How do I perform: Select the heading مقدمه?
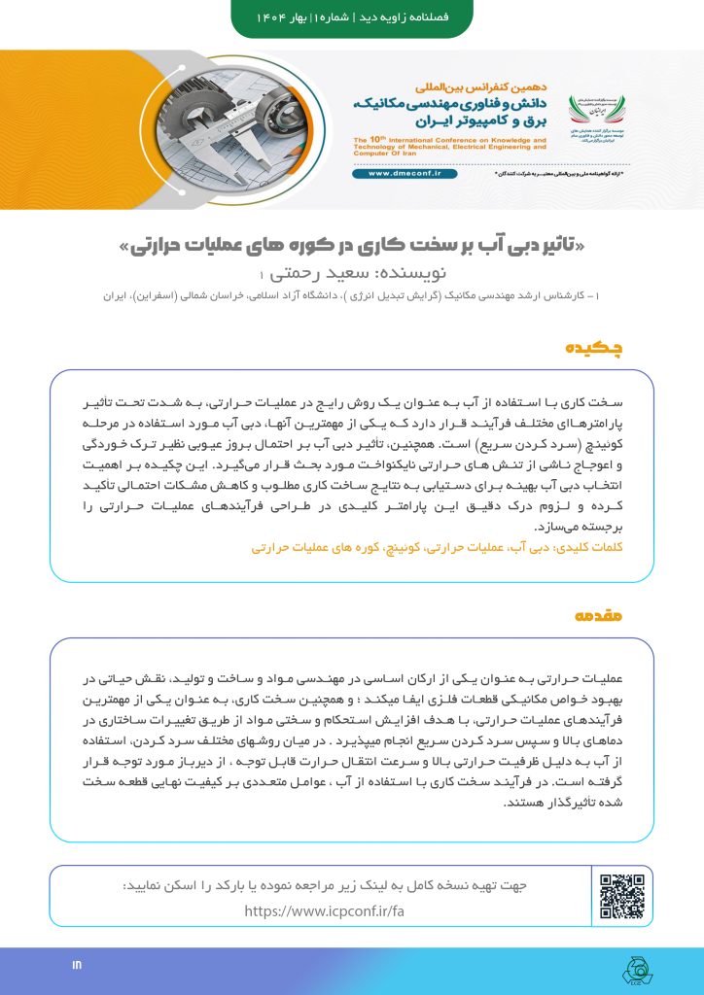coord(604,616)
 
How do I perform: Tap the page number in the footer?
coord(78,965)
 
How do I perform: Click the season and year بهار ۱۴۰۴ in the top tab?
coord(281,18)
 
